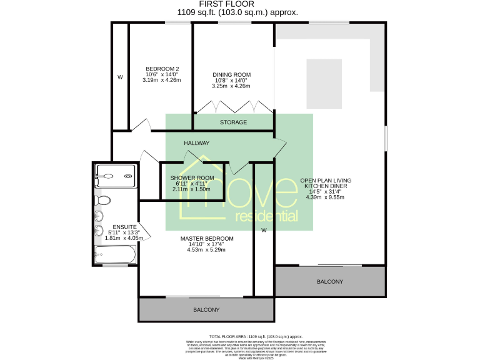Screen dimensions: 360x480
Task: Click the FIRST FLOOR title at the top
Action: click(x=238, y=4)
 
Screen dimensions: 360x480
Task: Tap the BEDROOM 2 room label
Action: click(x=162, y=69)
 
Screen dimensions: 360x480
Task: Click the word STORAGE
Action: click(x=233, y=122)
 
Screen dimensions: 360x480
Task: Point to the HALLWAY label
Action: click(x=196, y=143)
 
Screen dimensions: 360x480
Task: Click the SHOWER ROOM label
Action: click(x=192, y=178)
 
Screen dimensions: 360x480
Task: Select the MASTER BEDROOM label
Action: click(x=207, y=239)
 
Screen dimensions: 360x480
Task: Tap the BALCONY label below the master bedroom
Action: click(x=206, y=310)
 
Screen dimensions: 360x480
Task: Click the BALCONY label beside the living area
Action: click(x=330, y=282)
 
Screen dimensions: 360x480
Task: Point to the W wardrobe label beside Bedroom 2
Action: click(x=120, y=77)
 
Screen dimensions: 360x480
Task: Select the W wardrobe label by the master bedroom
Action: click(x=264, y=230)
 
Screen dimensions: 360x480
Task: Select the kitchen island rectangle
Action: click(x=324, y=84)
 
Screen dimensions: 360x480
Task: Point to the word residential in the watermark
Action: click(x=266, y=217)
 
